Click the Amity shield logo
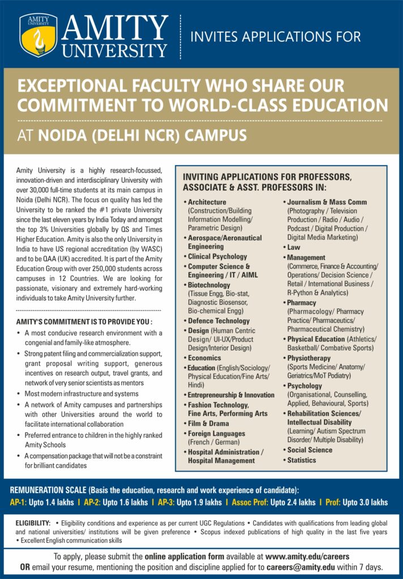click(x=38, y=35)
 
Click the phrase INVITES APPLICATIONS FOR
click(x=276, y=37)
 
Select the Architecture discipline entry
click(x=207, y=202)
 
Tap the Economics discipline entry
click(x=204, y=358)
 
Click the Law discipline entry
click(x=294, y=247)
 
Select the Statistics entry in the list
click(x=301, y=460)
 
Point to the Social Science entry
click(x=310, y=450)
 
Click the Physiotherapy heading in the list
click(x=308, y=358)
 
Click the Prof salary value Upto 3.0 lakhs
click(x=365, y=502)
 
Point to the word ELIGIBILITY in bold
click(x=33, y=524)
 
